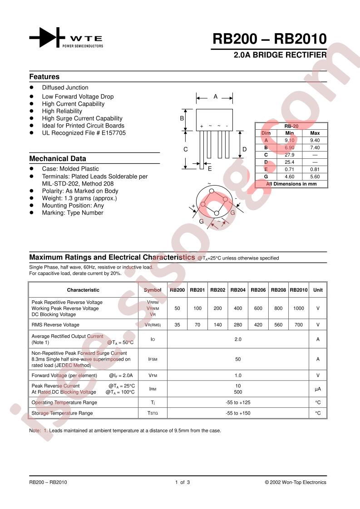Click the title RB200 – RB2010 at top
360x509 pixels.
(270, 39)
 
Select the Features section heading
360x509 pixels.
(44, 77)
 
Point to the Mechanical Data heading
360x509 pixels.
(58, 159)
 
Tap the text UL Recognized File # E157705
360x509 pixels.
(84, 133)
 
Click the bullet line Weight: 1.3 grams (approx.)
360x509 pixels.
(79, 198)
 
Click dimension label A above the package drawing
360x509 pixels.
(215, 97)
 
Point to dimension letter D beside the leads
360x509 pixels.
(244, 149)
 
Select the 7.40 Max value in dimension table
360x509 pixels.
(315, 147)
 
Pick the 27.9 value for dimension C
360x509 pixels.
(290, 155)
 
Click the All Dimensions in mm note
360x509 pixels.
(291, 184)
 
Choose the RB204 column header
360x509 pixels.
(238, 290)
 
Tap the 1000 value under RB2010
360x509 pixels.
(298, 308)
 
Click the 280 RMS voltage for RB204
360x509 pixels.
(238, 325)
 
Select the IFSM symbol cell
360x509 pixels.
(153, 359)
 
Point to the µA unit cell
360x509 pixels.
(318, 389)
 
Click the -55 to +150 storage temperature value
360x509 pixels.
(238, 413)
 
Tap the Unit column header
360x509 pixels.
(318, 290)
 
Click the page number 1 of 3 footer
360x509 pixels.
(182, 482)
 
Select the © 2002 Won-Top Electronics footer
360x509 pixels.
(296, 482)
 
